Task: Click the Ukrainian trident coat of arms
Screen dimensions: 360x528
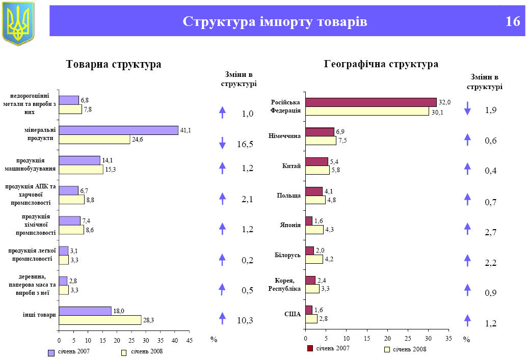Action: (18, 22)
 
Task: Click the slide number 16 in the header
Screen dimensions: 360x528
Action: (513, 22)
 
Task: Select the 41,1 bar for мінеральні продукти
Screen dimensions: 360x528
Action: (118, 130)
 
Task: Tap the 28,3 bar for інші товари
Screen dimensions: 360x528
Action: (100, 320)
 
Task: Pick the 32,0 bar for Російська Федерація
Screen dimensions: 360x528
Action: (371, 102)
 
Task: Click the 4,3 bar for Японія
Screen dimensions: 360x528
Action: (314, 230)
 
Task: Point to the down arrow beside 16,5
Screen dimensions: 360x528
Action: (222, 143)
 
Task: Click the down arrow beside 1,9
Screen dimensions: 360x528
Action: (467, 108)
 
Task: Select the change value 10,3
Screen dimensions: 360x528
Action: (245, 320)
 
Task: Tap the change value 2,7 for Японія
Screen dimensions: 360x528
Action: (491, 233)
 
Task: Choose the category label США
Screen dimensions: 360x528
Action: (293, 314)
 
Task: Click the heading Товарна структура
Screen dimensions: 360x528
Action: (114, 65)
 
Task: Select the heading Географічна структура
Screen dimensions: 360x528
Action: (381, 65)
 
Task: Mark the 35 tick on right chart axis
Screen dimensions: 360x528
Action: (448, 338)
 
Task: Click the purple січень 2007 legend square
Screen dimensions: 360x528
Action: (51, 352)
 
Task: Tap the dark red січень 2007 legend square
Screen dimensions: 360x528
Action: (310, 348)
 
